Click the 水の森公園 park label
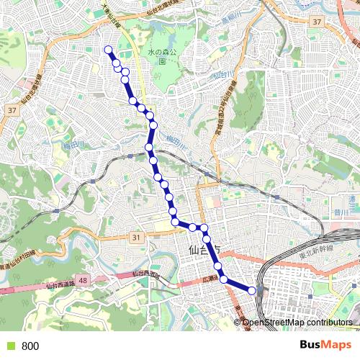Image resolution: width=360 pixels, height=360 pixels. pos(162,56)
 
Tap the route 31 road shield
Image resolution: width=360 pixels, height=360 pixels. pos(136,237)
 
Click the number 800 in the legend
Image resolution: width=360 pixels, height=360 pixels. pos(30,346)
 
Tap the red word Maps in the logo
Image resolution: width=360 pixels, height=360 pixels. pos(337,346)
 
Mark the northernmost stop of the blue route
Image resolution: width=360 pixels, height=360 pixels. pos(109,50)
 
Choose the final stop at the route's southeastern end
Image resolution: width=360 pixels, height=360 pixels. pos(252,290)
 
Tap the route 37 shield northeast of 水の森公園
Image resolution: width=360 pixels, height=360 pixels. pos(317,23)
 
